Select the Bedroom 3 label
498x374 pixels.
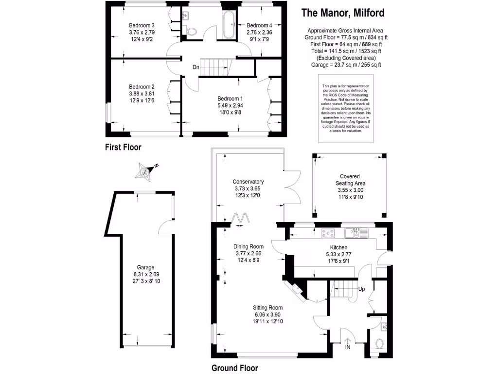(x=142, y=25)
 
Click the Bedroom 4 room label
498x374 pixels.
(x=259, y=25)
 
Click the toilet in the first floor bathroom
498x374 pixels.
(x=192, y=31)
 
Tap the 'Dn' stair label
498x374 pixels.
(x=195, y=67)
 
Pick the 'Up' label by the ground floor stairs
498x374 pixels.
(x=361, y=289)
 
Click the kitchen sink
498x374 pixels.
(x=357, y=233)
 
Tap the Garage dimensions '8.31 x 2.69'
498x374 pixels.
(x=145, y=274)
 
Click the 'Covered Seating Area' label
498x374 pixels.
(x=350, y=180)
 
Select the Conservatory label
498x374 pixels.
(x=248, y=182)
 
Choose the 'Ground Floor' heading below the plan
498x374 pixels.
(x=234, y=368)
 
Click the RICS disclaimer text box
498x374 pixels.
(x=346, y=109)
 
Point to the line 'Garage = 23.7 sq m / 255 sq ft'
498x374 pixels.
(x=346, y=64)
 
